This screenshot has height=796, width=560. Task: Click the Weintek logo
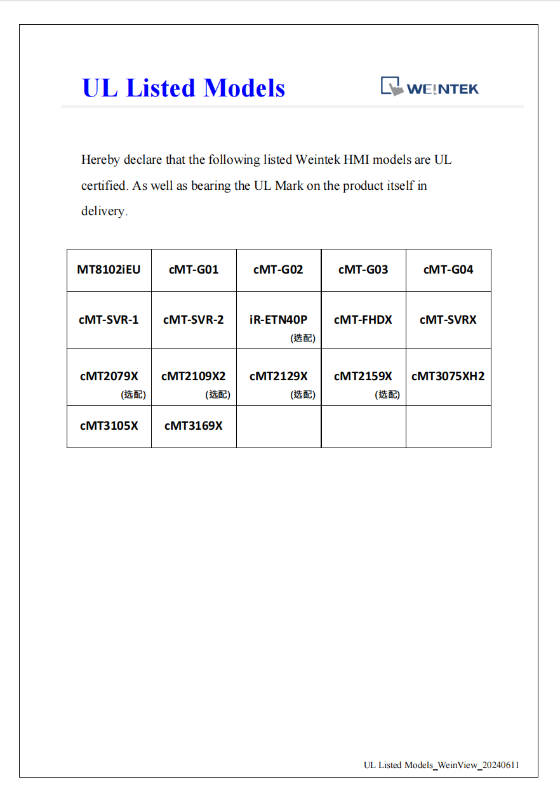[x=429, y=87]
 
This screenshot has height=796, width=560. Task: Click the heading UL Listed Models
[x=183, y=88]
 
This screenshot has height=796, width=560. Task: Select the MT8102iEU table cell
[x=109, y=270]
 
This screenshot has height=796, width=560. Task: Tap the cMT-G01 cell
[x=194, y=270]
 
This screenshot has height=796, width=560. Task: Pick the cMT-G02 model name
[x=278, y=270]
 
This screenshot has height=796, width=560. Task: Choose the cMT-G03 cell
[x=363, y=270]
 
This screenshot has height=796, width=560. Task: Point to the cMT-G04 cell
[x=448, y=270]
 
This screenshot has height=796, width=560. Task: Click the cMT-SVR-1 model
[x=109, y=320]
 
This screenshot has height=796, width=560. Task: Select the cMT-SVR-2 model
[x=194, y=320]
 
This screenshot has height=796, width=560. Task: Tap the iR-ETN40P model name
[x=278, y=320]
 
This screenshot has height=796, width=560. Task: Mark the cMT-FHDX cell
[x=363, y=320]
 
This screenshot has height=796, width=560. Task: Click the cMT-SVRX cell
[x=448, y=320]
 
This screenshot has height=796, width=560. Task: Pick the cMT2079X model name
[x=109, y=376]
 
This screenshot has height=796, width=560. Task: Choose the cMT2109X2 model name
[x=194, y=376]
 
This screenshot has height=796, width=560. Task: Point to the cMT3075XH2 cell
[x=448, y=376]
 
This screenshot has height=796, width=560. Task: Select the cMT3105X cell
[x=109, y=426]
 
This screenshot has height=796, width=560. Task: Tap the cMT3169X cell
[x=194, y=426]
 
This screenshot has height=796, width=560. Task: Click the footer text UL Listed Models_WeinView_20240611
[x=441, y=765]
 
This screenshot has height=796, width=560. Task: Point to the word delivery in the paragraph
[x=103, y=211]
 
